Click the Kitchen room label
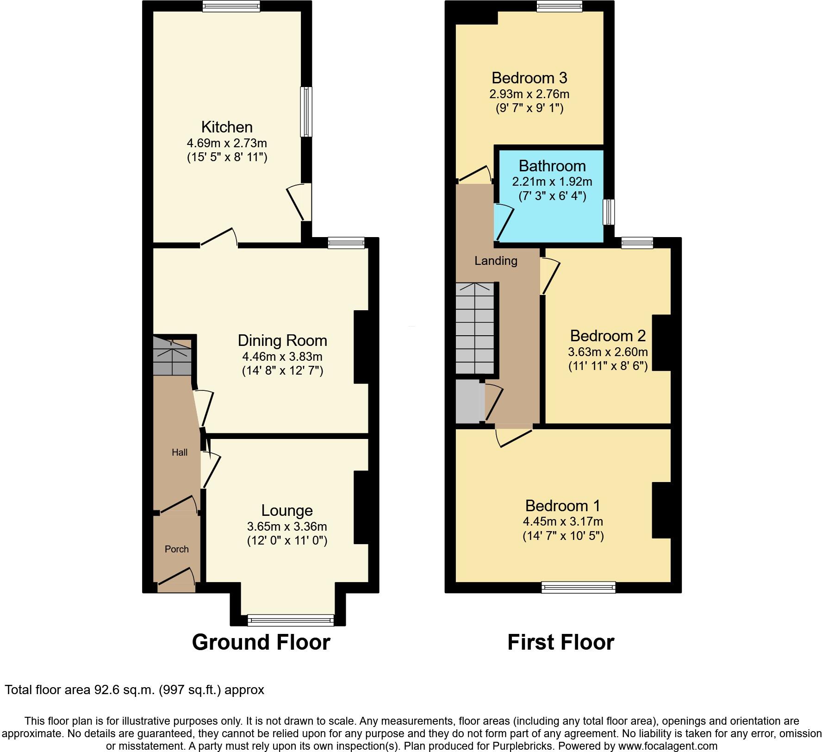click(x=227, y=127)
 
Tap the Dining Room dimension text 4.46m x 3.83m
click(x=282, y=357)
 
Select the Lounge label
click(x=287, y=510)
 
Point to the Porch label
click(x=177, y=549)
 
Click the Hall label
click(x=180, y=452)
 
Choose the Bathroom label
click(x=552, y=166)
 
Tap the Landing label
click(x=496, y=261)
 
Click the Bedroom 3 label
click(x=529, y=77)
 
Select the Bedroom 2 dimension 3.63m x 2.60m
click(x=608, y=351)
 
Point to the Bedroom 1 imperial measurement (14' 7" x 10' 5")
click(x=563, y=536)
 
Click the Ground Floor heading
click(x=261, y=642)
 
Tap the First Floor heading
click(x=561, y=642)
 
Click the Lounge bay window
click(x=291, y=620)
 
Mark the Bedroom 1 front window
click(x=579, y=587)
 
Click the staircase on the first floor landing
click(x=475, y=328)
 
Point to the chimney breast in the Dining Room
click(x=361, y=347)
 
